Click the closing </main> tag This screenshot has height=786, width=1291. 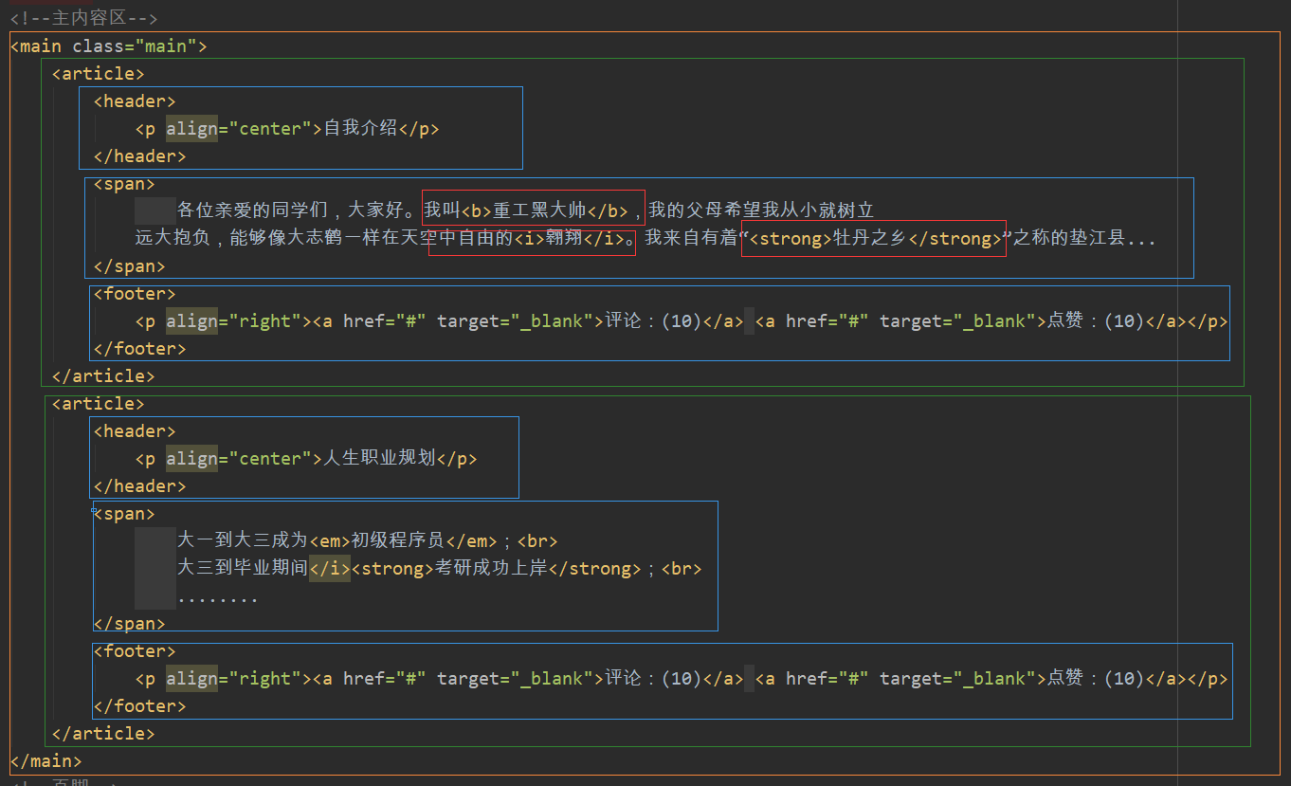pos(45,760)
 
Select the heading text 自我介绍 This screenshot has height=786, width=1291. pos(360,128)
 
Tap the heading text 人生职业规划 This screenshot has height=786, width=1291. pos(379,458)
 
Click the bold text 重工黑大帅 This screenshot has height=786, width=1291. pos(539,210)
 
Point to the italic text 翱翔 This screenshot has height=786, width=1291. pos(562,237)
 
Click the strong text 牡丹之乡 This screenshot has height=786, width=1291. pos(870,238)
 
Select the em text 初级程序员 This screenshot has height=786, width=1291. pos(397,540)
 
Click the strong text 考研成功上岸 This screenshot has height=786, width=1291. pos(491,568)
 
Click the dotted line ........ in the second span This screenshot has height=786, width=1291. pos(217,596)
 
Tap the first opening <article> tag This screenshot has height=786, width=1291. pos(98,73)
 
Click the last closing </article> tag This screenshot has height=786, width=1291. pos(102,733)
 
